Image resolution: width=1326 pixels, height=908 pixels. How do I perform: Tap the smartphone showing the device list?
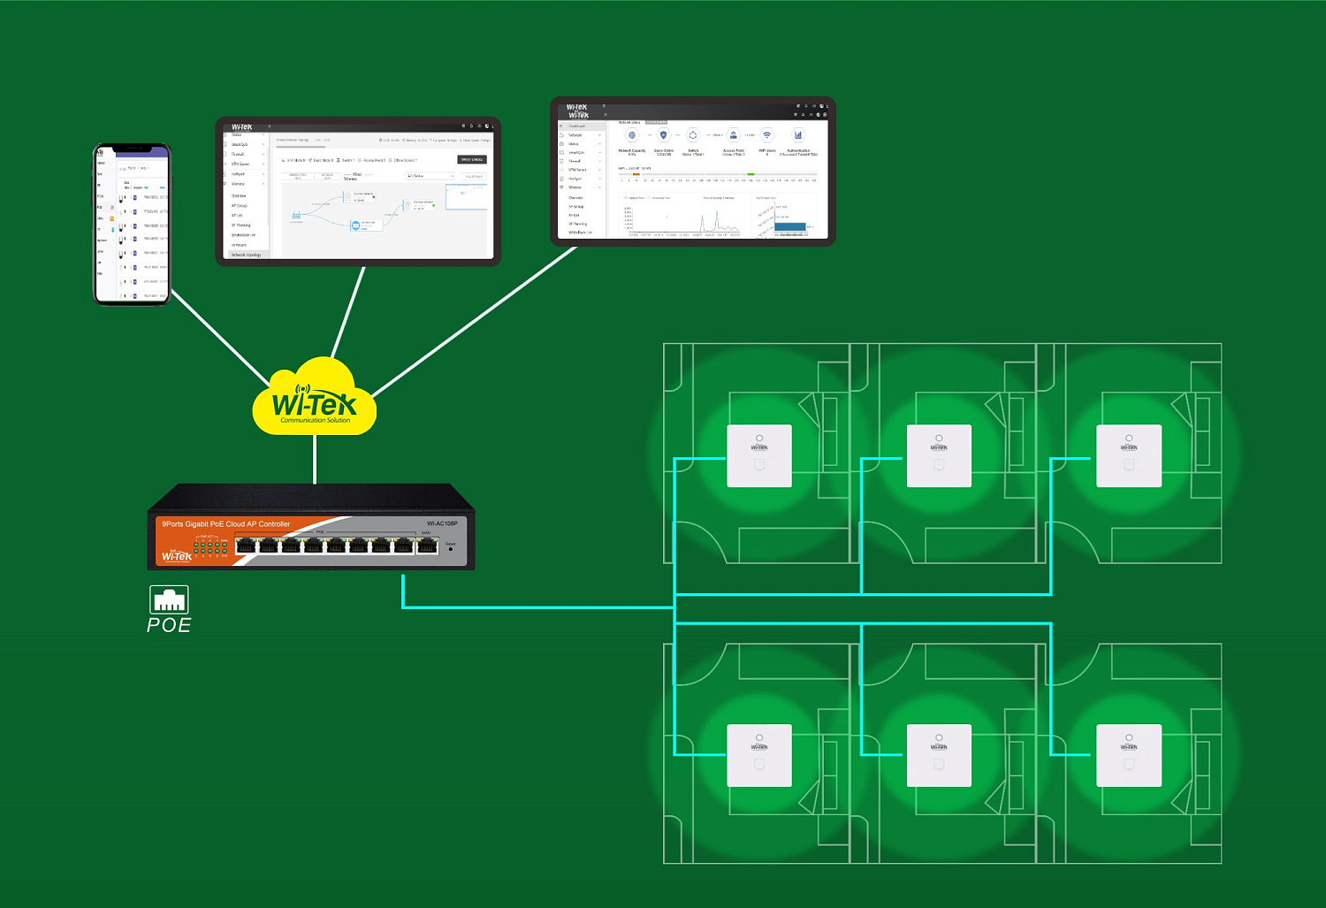click(x=132, y=225)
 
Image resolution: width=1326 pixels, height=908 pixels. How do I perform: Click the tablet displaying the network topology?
click(x=358, y=190)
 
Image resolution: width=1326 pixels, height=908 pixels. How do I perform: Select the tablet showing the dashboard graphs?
click(x=692, y=171)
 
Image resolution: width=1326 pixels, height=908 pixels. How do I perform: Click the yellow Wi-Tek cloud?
click(x=315, y=401)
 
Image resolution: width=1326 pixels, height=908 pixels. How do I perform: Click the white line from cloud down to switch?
click(x=315, y=460)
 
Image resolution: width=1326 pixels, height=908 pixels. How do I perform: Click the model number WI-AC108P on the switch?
click(x=442, y=523)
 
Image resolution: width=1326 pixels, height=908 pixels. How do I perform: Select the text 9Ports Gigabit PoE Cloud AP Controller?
click(x=225, y=524)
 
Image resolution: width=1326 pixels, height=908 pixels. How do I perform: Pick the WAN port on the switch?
click(x=427, y=546)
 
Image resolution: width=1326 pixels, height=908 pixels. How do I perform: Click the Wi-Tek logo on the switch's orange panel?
click(x=176, y=556)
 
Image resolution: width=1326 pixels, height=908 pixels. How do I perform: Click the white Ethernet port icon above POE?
click(x=169, y=599)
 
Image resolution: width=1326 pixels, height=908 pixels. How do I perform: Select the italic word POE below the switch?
click(x=169, y=625)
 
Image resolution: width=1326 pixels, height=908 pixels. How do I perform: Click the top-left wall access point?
click(x=759, y=455)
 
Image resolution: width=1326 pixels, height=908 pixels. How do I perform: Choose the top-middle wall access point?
click(x=939, y=455)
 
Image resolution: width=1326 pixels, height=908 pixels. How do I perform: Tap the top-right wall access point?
click(x=1129, y=455)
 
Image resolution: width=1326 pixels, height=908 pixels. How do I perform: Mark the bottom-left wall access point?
click(x=759, y=755)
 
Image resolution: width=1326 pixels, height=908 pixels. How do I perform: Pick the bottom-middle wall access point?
click(x=939, y=755)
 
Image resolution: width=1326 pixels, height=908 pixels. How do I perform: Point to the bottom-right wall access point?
click(x=1129, y=755)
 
